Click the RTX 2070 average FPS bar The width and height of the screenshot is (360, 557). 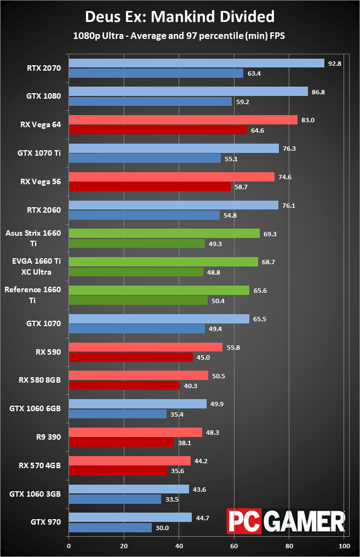[196, 63]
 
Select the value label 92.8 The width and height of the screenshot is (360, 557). [334, 63]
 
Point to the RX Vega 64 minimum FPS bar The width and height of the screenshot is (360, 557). [157, 130]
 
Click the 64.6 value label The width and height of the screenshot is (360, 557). [258, 130]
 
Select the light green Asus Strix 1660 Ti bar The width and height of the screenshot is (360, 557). [164, 233]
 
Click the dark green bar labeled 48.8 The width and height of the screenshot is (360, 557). [136, 272]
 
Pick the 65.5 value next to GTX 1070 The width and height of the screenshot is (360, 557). [259, 319]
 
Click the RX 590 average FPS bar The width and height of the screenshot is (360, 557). [145, 347]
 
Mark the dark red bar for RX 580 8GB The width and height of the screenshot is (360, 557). [124, 385]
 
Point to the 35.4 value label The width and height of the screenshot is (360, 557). [177, 414]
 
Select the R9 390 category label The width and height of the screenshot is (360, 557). [49, 437]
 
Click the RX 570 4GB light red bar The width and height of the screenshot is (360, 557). [129, 461]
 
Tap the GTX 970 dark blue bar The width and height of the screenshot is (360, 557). [110, 527]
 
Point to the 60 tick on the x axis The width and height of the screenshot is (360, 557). [235, 546]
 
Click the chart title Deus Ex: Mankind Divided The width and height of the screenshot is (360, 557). [180, 16]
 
